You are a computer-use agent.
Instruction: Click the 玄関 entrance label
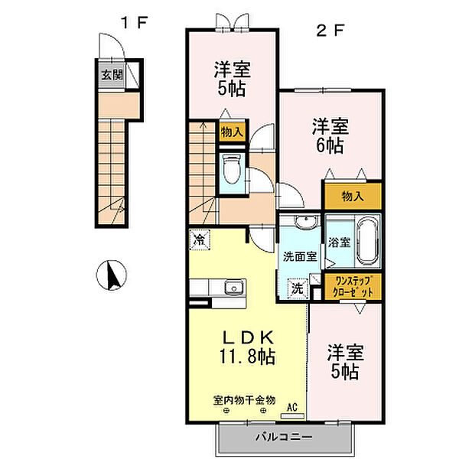pyautogui.click(x=112, y=75)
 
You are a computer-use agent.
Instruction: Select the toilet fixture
pyautogui.click(x=232, y=169)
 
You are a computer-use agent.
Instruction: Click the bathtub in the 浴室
pyautogui.click(x=368, y=241)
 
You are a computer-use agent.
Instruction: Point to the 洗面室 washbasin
pyautogui.click(x=306, y=222)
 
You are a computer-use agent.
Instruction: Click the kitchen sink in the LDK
pyautogui.click(x=235, y=288)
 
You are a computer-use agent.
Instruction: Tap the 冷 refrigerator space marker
pyautogui.click(x=200, y=240)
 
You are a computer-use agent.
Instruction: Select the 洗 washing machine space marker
pyautogui.click(x=298, y=288)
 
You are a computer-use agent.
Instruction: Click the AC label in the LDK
pyautogui.click(x=292, y=407)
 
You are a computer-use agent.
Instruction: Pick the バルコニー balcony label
pyautogui.click(x=284, y=438)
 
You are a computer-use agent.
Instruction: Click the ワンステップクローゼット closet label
pyautogui.click(x=353, y=287)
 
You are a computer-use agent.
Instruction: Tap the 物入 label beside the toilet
pyautogui.click(x=232, y=132)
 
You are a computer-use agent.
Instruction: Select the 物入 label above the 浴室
pyautogui.click(x=353, y=196)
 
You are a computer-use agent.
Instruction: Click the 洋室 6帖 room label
pyautogui.click(x=330, y=135)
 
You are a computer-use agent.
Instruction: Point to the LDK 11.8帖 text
pyautogui.click(x=248, y=347)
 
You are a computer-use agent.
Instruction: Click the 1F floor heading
pyautogui.click(x=134, y=23)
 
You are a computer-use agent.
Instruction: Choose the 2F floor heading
pyautogui.click(x=330, y=30)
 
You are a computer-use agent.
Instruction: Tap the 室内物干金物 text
pyautogui.click(x=245, y=400)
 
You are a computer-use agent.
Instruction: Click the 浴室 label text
pyautogui.click(x=339, y=243)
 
